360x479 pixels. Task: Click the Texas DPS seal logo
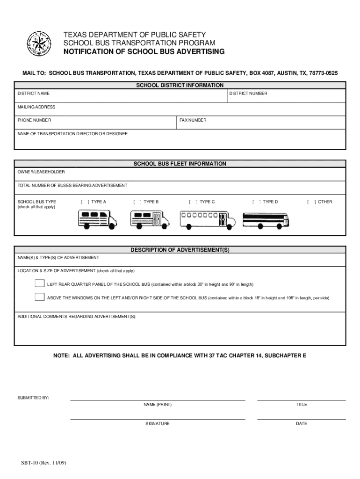click(x=39, y=44)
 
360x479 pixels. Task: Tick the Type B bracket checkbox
click(x=137, y=202)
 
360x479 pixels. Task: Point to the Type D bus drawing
click(x=266, y=219)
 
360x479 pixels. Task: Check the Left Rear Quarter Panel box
click(x=40, y=283)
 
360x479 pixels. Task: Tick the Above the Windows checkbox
click(x=40, y=297)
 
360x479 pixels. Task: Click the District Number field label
click(x=248, y=94)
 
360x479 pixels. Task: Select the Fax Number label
click(x=193, y=120)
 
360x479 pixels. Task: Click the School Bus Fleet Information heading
click(x=180, y=164)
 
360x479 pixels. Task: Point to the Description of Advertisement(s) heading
click(x=180, y=250)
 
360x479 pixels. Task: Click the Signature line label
click(x=158, y=424)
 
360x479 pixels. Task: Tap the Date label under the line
click(x=301, y=424)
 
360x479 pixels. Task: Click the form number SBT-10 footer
click(x=43, y=463)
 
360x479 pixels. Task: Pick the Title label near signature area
click(x=301, y=405)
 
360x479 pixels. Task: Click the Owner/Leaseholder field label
click(x=41, y=172)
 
